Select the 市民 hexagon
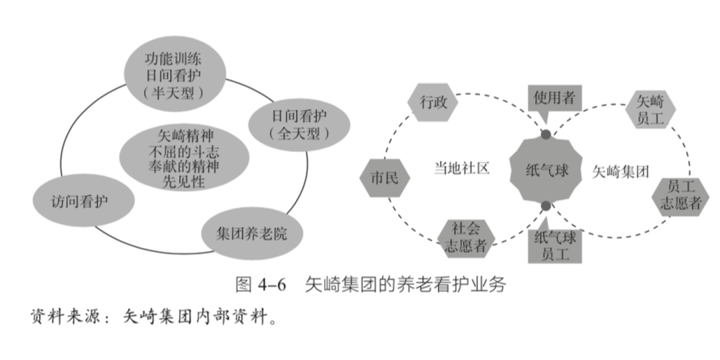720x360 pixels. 383,178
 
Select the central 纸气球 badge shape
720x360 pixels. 547,171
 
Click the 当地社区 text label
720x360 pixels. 461,168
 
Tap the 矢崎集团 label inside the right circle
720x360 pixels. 620,171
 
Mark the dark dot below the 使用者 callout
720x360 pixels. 546,135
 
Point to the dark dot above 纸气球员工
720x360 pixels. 546,206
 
